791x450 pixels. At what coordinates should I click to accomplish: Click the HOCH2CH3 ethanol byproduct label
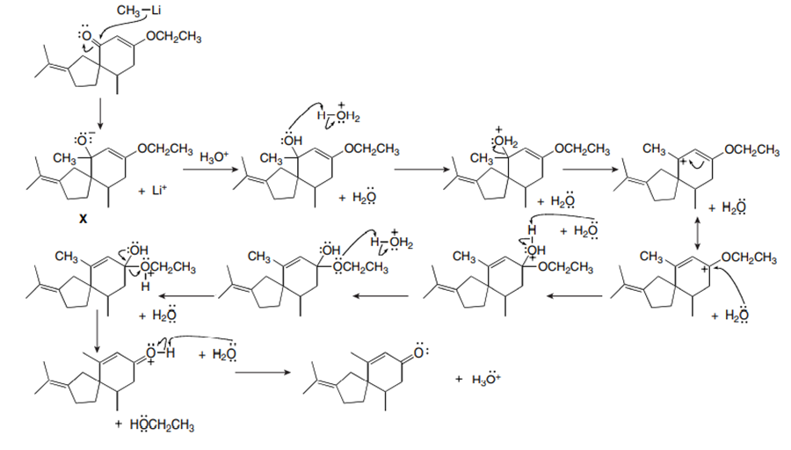click(x=156, y=426)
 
